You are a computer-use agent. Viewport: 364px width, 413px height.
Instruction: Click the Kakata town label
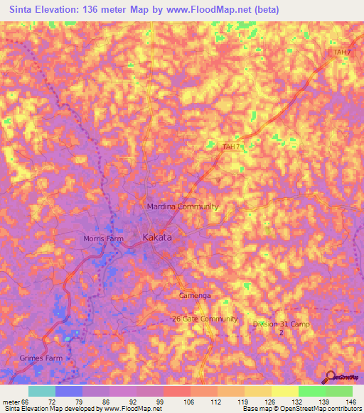point(157,238)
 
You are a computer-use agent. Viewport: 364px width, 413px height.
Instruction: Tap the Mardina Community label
point(182,206)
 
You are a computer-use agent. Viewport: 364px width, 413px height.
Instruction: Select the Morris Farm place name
point(103,238)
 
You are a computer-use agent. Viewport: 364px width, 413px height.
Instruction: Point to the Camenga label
point(195,295)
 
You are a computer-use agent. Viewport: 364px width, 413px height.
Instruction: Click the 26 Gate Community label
point(204,319)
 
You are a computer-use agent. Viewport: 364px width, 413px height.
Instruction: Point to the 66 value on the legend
point(26,401)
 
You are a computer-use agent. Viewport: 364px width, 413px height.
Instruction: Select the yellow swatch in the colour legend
point(284,391)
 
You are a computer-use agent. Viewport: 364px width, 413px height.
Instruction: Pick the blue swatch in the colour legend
point(69,391)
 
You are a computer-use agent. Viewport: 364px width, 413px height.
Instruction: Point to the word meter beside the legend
point(10,401)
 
